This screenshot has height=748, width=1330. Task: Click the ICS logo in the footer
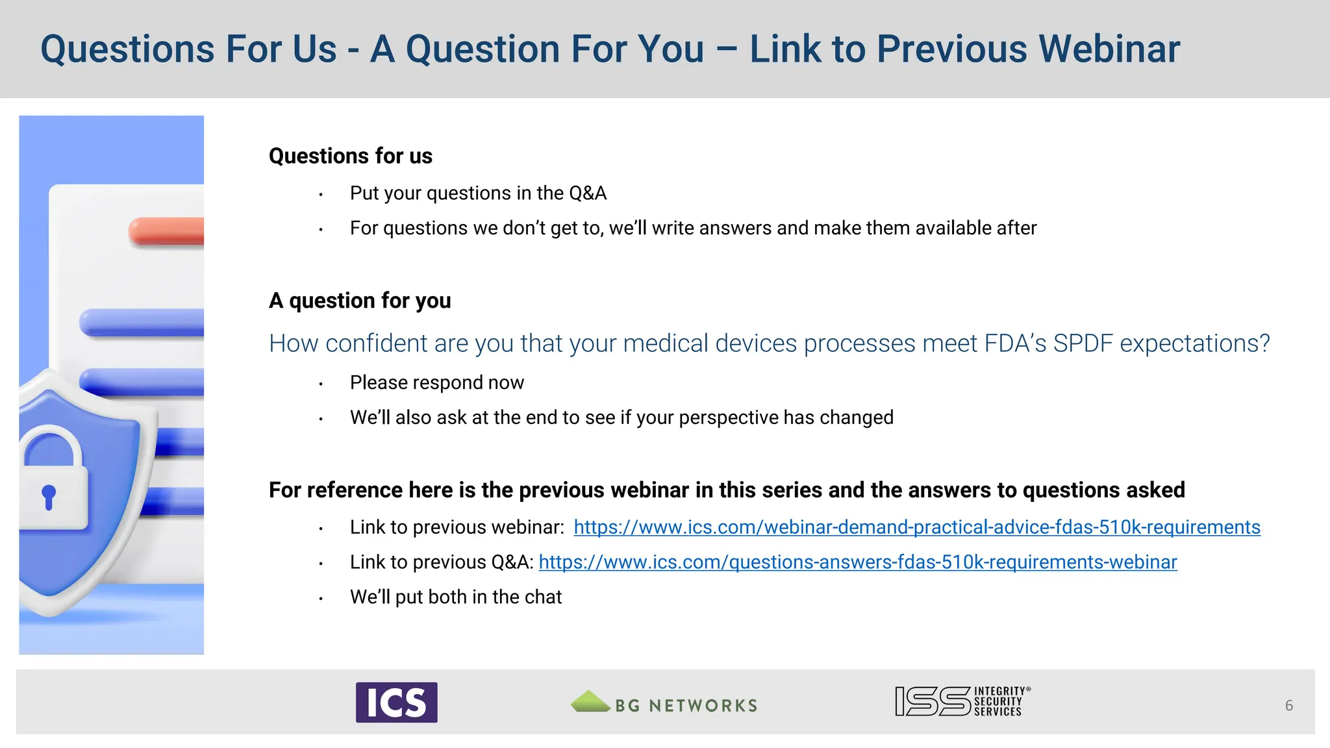pos(396,702)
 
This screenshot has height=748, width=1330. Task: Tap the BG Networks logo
pos(664,703)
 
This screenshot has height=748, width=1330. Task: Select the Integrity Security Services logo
pos(962,701)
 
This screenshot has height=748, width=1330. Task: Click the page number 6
pos(1288,705)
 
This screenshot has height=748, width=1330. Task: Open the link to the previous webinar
pos(916,527)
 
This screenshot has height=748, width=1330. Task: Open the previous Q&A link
pos(857,562)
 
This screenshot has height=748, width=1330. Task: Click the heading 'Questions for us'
pos(350,156)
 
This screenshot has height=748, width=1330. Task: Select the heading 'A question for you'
pos(360,301)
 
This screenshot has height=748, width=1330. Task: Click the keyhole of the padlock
pos(49,497)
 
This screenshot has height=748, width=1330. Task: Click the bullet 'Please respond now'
pos(436,382)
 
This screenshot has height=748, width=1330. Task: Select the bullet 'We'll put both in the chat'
pos(455,597)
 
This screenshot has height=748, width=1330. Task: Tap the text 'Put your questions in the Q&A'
pos(478,193)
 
